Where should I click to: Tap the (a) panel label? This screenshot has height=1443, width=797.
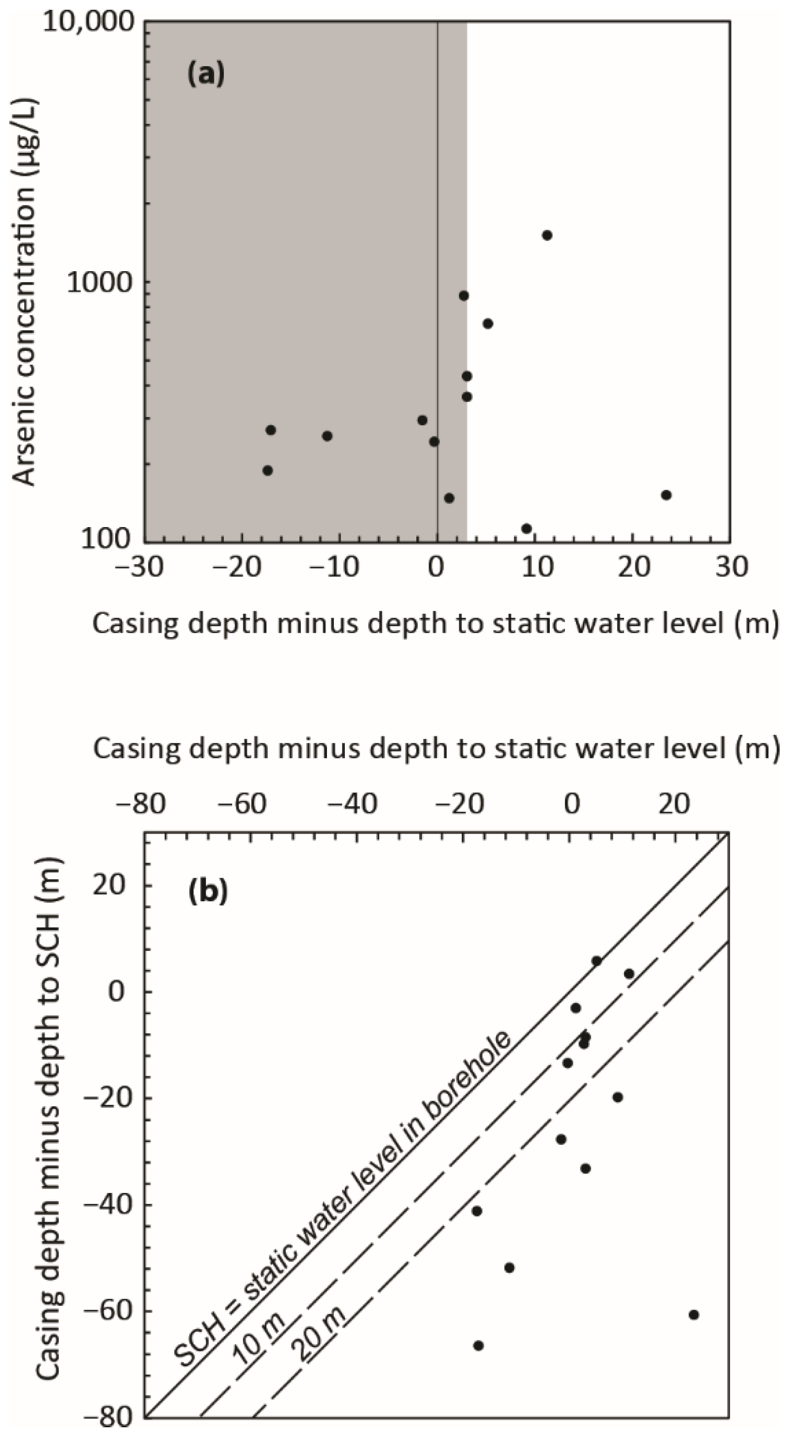[x=205, y=73]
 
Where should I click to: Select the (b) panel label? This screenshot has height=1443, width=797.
[x=208, y=891]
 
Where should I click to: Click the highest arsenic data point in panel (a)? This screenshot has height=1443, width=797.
[x=547, y=235]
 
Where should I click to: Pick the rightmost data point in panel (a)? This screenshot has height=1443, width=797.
[x=666, y=495]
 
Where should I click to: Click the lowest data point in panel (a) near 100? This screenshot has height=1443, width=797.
[x=526, y=529]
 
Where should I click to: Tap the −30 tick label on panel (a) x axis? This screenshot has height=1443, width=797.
[x=139, y=567]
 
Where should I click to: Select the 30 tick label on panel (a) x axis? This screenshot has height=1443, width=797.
[x=731, y=567]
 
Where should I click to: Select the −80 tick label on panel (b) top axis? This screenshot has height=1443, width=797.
[x=140, y=805]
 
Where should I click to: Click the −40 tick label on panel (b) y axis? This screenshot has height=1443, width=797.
[x=110, y=1205]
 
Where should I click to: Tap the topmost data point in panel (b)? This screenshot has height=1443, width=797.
[x=596, y=961]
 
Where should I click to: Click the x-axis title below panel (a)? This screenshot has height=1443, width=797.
[x=435, y=623]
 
